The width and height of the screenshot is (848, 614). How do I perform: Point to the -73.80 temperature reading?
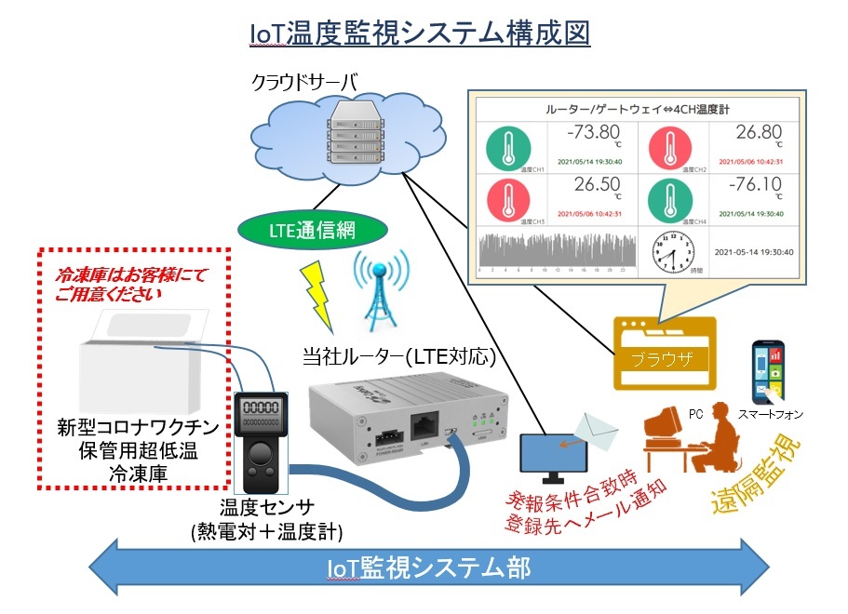tap(592, 132)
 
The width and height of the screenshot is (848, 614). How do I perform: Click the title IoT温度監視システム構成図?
tap(421, 33)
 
